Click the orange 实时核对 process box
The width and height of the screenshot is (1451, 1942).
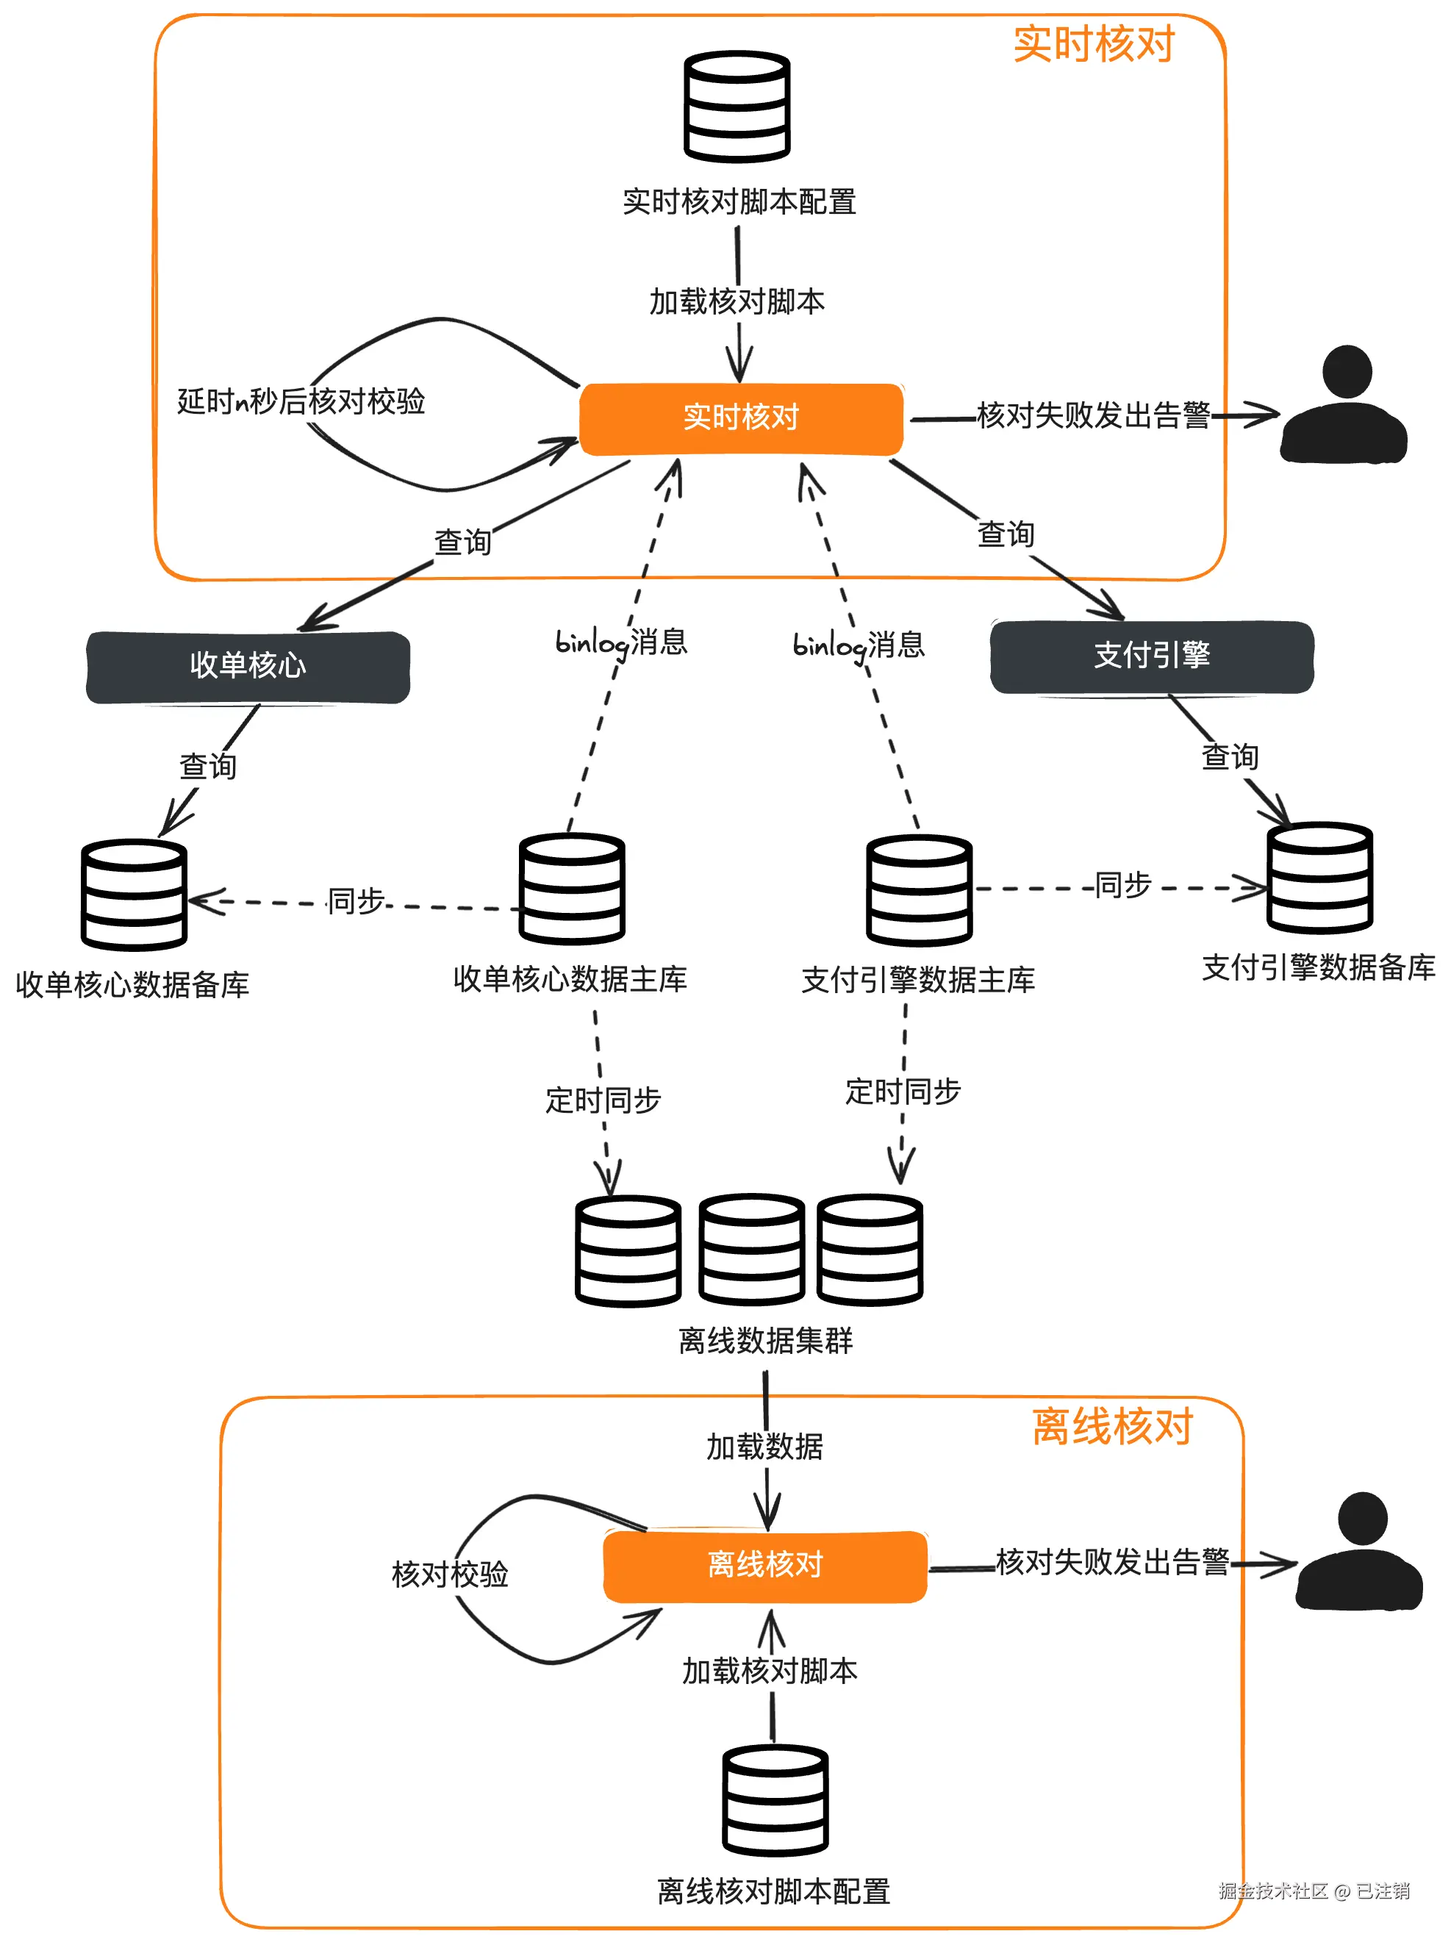[741, 419]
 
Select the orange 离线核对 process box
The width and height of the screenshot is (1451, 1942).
[764, 1566]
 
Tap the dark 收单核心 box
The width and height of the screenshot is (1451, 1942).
[248, 667]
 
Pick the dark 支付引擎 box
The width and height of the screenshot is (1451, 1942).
[1151, 656]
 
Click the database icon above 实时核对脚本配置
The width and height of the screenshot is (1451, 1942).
[737, 107]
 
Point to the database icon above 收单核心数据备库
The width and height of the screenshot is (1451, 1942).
[134, 895]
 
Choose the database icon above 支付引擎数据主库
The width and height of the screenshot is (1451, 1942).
[918, 890]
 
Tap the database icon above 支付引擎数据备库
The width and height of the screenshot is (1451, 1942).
[1319, 877]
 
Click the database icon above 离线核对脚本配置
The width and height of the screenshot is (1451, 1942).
[774, 1800]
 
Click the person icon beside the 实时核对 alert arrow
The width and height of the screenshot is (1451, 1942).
[1343, 406]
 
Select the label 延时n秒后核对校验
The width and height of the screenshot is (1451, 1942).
[301, 401]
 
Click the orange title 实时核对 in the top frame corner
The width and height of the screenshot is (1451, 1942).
[1093, 44]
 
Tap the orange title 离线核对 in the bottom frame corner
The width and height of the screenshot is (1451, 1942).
[1111, 1427]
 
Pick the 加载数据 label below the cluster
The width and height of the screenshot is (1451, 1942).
[764, 1447]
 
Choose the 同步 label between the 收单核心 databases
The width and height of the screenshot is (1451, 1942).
[356, 900]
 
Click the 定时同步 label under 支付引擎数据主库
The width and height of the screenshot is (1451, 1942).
[903, 1092]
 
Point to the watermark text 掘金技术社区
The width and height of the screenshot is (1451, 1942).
[1273, 1891]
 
